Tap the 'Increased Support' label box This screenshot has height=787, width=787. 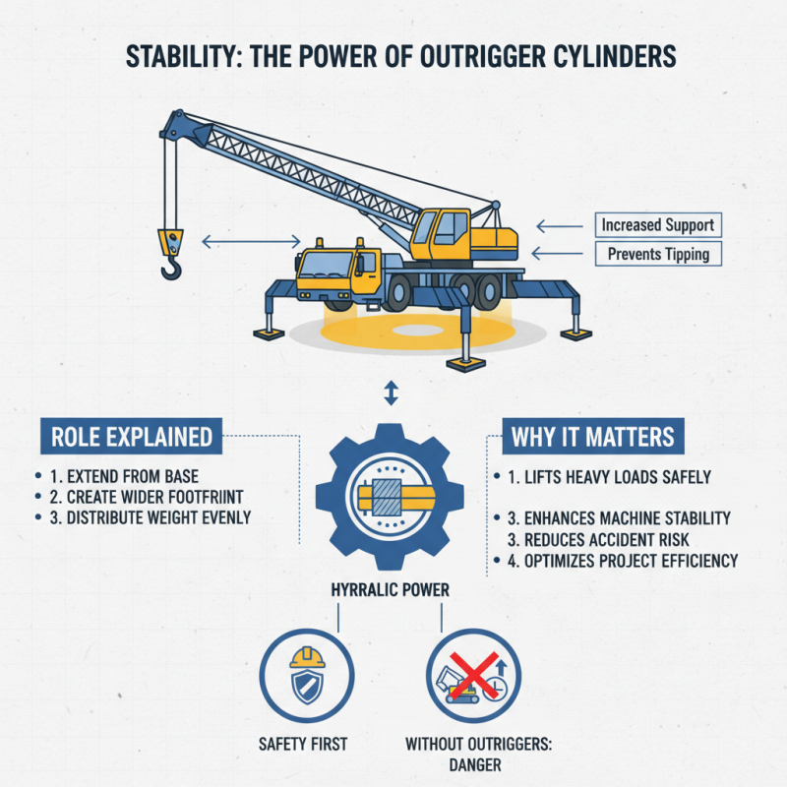658,225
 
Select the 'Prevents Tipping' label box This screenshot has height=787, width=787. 658,255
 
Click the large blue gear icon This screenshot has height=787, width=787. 391,497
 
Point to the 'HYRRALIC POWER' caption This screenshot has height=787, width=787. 391,589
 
